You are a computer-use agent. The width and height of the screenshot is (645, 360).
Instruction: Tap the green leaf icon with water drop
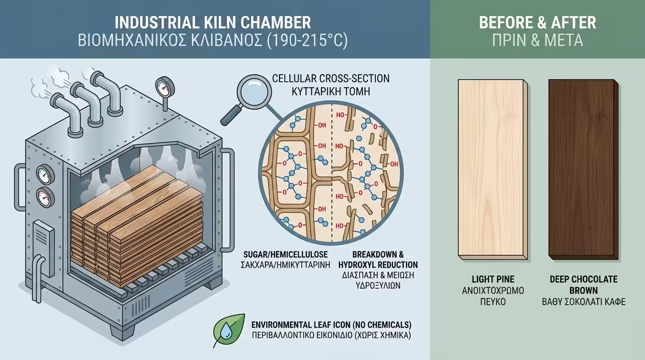229,330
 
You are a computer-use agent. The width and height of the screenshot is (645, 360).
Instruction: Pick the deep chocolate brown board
583,169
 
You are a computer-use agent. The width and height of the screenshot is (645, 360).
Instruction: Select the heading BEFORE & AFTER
537,22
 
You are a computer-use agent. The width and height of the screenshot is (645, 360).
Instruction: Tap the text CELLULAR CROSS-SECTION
331,78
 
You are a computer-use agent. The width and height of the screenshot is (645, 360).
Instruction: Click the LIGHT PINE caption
491,279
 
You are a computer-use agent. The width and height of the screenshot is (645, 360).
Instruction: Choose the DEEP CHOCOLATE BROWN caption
583,285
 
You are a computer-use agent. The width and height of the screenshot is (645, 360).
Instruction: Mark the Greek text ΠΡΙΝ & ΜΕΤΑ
537,41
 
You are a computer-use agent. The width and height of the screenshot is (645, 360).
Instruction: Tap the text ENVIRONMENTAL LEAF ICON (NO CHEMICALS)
331,324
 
